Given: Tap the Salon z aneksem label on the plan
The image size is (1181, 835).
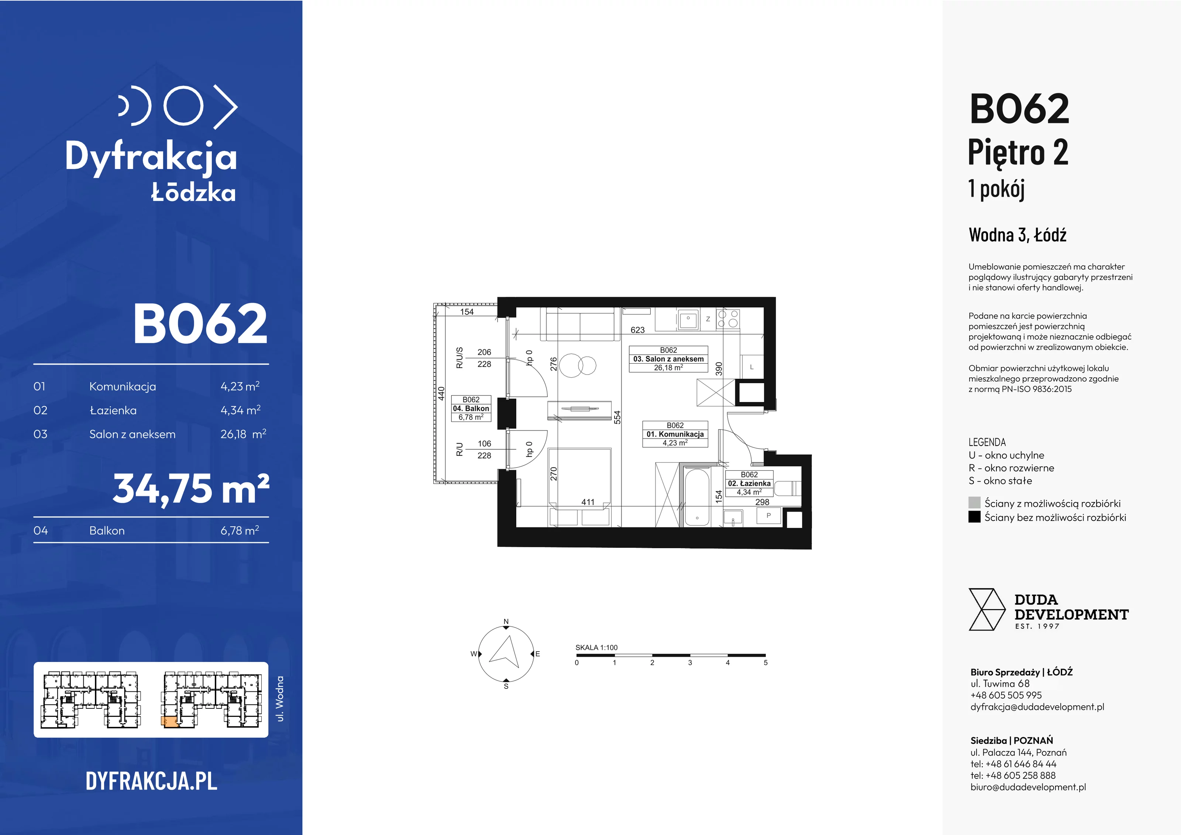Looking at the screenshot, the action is pos(668,358).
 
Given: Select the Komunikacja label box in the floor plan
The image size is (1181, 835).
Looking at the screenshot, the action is pos(675,434).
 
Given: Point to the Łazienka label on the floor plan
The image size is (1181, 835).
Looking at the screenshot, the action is pos(749,483).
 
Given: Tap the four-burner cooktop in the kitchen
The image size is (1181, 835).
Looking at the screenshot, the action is pos(728,319).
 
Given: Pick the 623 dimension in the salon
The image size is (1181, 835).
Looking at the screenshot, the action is pos(637,330).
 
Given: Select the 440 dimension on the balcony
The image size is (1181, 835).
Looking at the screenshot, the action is pos(441,393).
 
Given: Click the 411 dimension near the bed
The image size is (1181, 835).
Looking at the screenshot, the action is pos(588,502).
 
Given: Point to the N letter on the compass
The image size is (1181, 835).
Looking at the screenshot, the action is pos(506,622).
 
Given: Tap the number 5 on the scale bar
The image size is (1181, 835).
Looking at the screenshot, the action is pos(765,663).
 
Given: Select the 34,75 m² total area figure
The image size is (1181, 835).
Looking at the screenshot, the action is pos(191,489).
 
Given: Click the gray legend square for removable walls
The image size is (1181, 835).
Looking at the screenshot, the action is pos(974,503).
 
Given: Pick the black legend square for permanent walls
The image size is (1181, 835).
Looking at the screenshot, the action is pos(974,516).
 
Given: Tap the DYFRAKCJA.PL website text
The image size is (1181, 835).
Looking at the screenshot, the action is pos(151,781).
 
